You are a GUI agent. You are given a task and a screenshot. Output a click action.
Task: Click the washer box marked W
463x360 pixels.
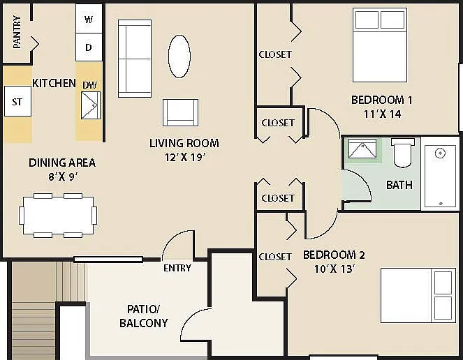click(x=89, y=18)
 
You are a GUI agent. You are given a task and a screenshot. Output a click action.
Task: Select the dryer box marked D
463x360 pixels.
click(x=89, y=47)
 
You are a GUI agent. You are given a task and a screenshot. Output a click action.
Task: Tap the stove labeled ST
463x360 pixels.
click(x=17, y=101)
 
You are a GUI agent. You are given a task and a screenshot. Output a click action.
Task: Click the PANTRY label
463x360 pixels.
click(x=17, y=32)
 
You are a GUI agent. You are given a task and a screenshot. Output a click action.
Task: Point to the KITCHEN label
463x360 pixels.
click(x=54, y=83)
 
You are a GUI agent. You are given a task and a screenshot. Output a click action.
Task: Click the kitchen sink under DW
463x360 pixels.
click(x=91, y=105)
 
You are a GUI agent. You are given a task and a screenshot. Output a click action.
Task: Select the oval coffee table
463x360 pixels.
click(x=179, y=57)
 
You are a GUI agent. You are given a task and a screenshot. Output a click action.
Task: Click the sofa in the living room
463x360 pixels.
click(x=135, y=59)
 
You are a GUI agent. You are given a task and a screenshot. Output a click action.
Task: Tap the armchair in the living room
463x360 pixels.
click(x=180, y=113)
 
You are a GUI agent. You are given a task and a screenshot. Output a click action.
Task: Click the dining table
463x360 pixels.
click(x=58, y=216)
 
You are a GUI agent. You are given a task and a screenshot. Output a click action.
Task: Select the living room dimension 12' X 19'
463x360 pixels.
click(x=185, y=157)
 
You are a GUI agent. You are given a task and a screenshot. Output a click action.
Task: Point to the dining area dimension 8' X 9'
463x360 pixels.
click(x=63, y=177)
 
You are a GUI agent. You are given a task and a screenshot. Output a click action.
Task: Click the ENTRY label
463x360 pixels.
click(x=177, y=268)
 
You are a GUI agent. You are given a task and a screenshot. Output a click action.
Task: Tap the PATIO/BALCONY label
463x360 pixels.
click(x=144, y=316)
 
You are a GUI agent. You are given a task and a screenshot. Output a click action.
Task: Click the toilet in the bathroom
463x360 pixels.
click(x=402, y=152)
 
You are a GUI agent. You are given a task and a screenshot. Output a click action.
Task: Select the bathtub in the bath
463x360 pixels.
click(x=440, y=177)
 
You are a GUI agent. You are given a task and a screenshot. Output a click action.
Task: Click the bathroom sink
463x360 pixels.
click(x=362, y=149)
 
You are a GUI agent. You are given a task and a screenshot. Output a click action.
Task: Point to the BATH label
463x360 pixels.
click(x=399, y=185)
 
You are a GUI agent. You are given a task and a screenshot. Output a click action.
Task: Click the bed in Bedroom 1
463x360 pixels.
click(x=380, y=45)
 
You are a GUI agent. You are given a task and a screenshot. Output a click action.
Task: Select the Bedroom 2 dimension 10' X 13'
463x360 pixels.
click(x=335, y=269)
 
